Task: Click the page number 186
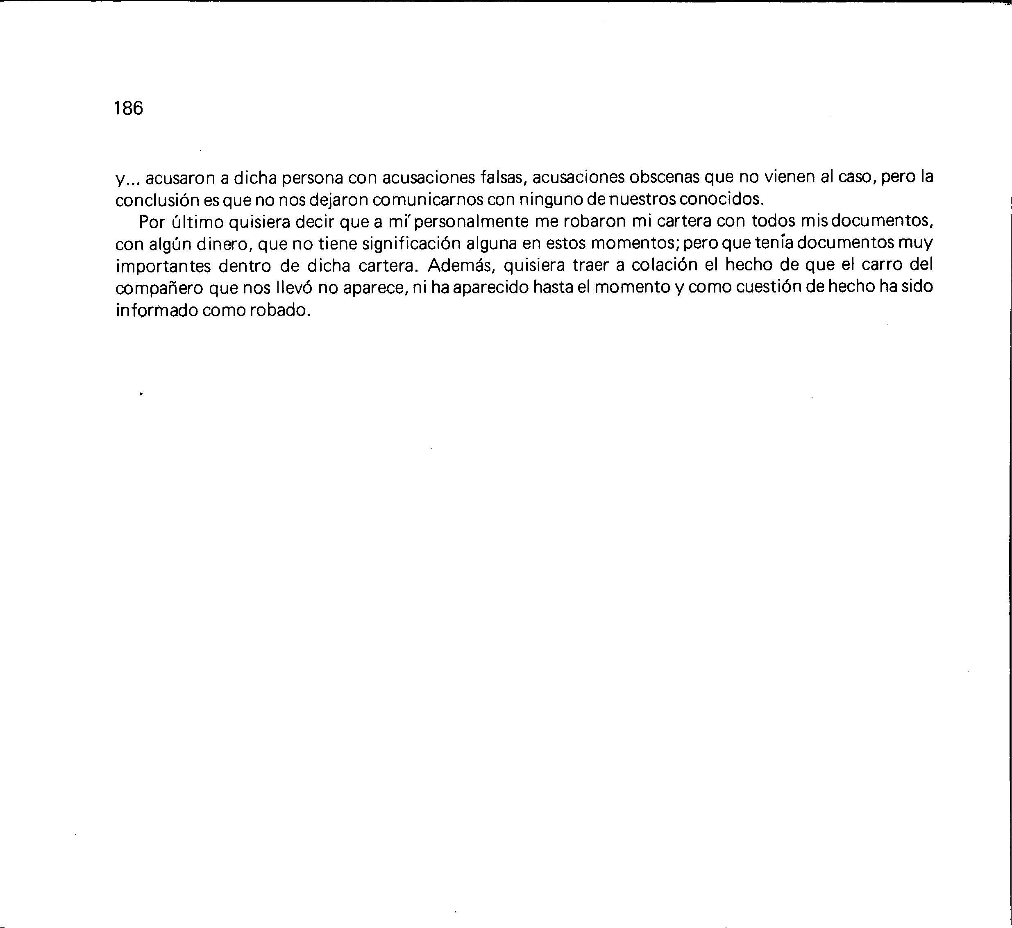pos(129,108)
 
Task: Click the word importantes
pos(163,266)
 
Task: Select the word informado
pos(156,310)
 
